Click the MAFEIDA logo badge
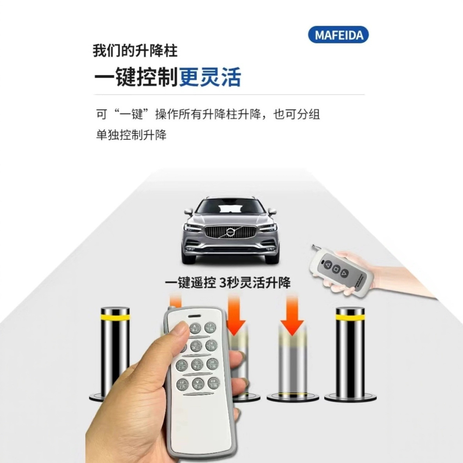338,35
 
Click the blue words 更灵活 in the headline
210,77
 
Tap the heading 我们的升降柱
135,51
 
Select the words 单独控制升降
131,135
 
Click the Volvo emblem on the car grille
230,233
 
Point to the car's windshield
230,206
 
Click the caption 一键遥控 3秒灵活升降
228,282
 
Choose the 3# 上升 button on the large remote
182,365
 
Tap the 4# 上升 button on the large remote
182,385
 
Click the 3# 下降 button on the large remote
212,364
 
